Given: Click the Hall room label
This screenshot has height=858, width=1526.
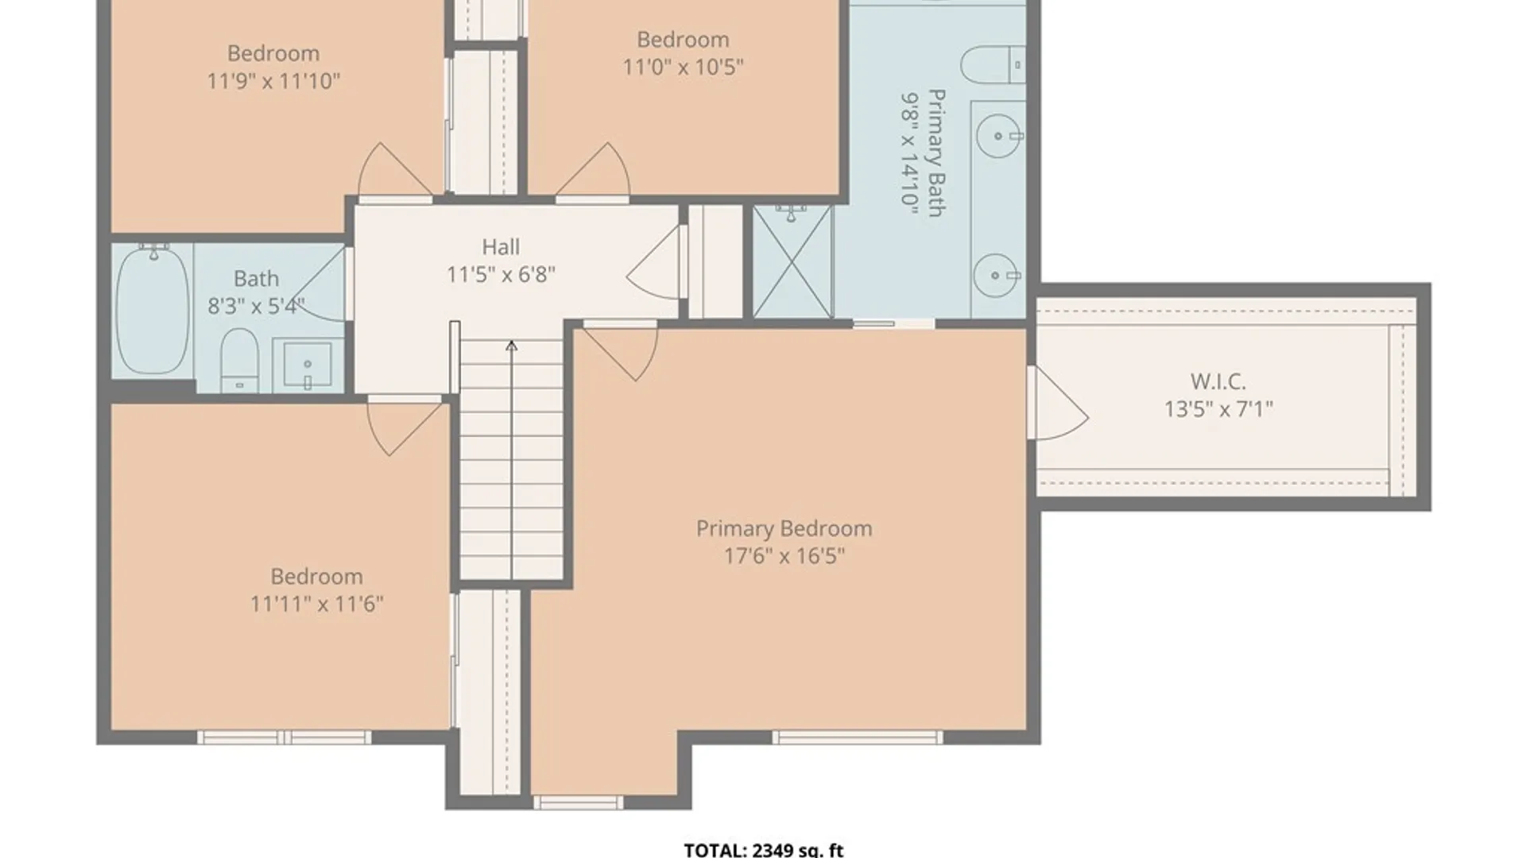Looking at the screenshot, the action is pos(501,247).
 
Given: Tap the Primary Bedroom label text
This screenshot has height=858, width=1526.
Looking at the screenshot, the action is pos(784,529).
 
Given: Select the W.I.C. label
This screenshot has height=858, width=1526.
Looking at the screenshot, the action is pos(1218,382).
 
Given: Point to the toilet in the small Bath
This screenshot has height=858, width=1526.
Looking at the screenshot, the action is pos(239,360).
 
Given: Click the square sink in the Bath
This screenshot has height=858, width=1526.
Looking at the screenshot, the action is pos(308,365).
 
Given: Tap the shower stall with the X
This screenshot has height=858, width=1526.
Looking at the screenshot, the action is pos(792,261).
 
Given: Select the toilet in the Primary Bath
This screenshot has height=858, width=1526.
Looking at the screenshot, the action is pos(993,64).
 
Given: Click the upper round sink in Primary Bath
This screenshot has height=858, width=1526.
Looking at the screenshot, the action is pos(998,137).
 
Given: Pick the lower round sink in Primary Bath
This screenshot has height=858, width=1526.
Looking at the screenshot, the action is pos(997,276).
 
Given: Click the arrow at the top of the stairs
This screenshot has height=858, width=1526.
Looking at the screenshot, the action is pos(512,346).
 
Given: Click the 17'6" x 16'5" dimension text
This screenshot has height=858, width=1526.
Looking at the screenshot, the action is pos(784,556).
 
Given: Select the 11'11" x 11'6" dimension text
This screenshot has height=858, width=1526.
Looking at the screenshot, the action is pos(316,605).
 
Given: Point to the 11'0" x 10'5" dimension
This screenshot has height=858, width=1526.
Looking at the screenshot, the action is pos(683,67).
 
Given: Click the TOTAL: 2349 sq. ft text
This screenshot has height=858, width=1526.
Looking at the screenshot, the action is pos(763,850).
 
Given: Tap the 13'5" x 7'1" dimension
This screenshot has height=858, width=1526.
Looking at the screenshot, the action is pos(1218,409).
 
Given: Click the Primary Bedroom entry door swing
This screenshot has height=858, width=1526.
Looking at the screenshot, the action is pos(621,353).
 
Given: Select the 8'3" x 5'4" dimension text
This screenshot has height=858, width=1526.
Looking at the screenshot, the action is pos(256,306).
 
